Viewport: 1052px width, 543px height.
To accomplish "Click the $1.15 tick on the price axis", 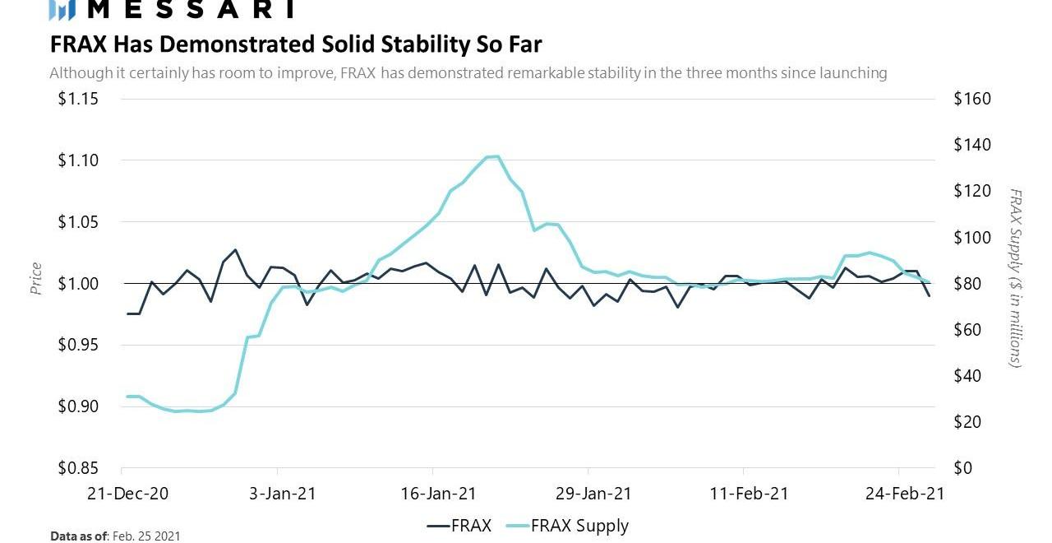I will click(78, 99).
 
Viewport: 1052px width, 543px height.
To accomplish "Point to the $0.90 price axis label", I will click(78, 406).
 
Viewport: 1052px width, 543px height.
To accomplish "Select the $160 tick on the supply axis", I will click(972, 99).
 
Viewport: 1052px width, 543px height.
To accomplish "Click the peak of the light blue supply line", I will click(493, 156).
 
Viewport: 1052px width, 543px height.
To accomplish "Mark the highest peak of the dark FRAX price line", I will click(235, 249).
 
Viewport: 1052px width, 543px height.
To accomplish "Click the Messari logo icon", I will click(62, 10).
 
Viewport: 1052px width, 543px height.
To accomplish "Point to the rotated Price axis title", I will click(35, 278).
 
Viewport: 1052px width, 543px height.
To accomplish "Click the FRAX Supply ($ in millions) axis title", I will click(1017, 278).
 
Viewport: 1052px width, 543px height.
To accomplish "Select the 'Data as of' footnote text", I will click(115, 536).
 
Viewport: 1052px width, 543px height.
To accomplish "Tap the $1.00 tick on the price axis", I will click(78, 284).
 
